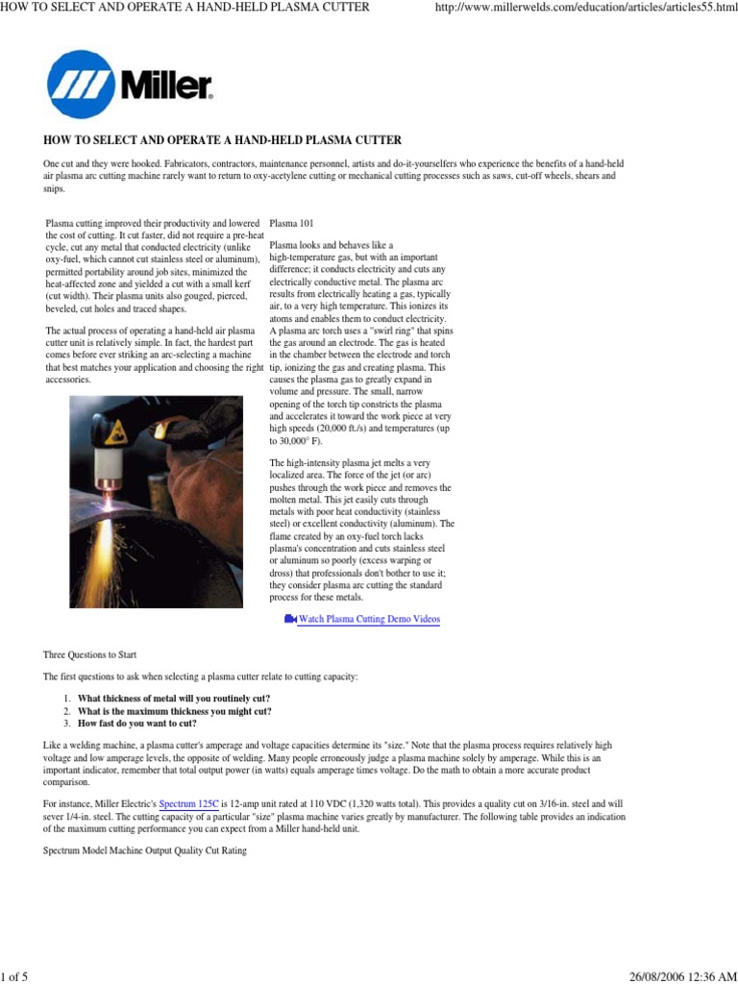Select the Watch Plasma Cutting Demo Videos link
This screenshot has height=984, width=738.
pos(369,620)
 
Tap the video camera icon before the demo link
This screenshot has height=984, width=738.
pos(290,620)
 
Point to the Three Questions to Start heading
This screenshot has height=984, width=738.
pos(89,654)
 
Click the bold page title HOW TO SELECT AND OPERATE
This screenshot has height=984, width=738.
pos(222,140)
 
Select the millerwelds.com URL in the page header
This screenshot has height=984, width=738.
pos(586,8)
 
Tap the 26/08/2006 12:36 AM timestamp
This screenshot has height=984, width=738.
pos(683,976)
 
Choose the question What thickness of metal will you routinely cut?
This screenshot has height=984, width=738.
pos(174,698)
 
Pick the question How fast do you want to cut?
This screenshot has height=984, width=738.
pos(137,724)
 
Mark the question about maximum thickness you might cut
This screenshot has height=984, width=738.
pos(174,711)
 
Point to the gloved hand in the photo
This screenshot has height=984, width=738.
pos(207,452)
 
